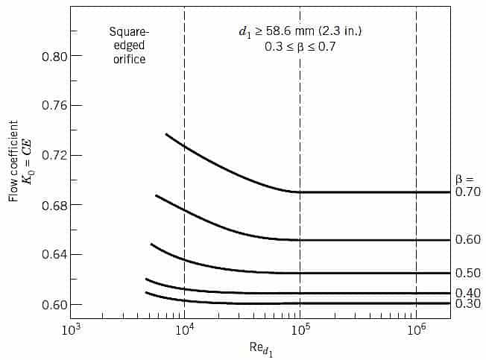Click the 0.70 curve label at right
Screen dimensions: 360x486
click(468, 192)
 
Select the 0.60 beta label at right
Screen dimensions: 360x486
click(468, 239)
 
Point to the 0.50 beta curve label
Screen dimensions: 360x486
click(468, 274)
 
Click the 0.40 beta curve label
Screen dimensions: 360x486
click(468, 292)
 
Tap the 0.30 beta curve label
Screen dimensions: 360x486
click(468, 304)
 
